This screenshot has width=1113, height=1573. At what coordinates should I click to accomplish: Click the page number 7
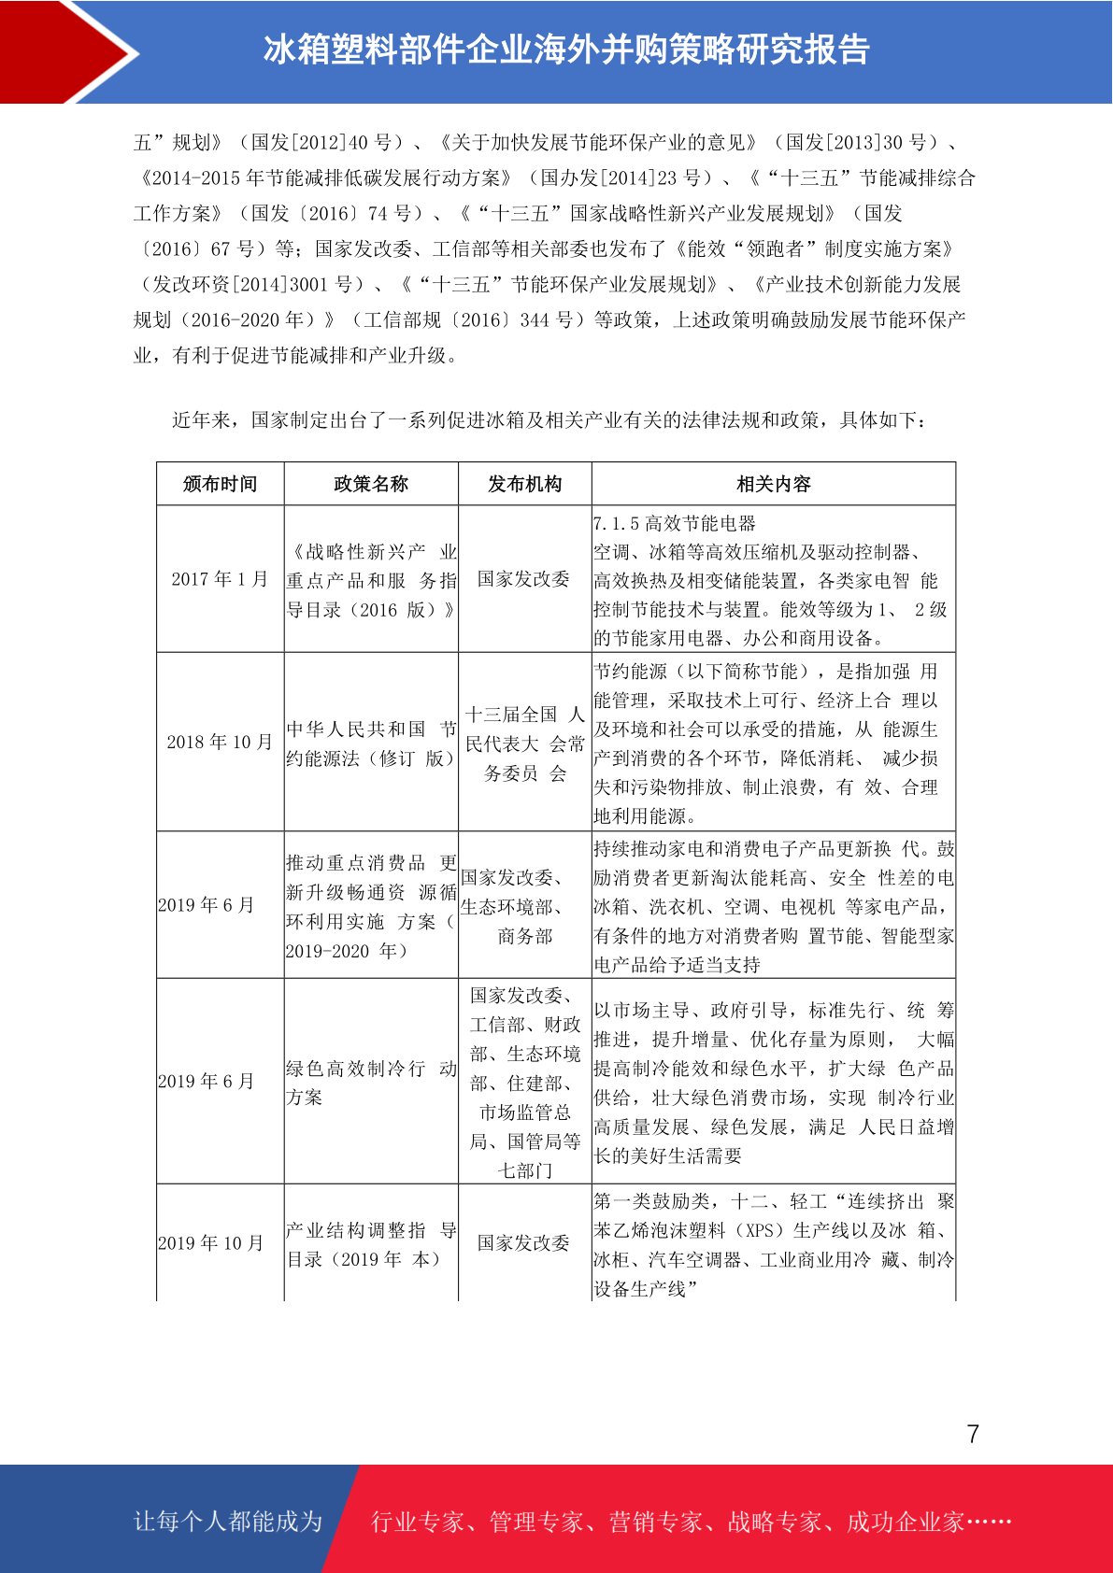point(973,1434)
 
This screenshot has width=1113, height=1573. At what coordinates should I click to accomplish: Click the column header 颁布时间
point(220,484)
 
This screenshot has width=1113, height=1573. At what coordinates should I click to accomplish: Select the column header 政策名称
point(371,484)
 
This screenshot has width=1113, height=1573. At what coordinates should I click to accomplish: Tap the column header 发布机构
point(524,484)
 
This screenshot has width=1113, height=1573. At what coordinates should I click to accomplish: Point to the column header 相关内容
point(773,484)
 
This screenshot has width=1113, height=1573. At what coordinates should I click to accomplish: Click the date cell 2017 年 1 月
point(220,579)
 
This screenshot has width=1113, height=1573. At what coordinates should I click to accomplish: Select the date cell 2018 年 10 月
point(220,742)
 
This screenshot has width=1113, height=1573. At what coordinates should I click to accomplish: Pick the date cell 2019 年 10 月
point(211,1243)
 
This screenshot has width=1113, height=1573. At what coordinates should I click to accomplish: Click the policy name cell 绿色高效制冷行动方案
point(371,1082)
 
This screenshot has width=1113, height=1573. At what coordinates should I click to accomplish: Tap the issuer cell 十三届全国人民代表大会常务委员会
point(524,744)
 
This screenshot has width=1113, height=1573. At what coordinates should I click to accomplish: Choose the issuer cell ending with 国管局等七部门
point(524,1083)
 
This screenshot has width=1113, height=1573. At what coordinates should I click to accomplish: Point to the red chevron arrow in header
point(70,51)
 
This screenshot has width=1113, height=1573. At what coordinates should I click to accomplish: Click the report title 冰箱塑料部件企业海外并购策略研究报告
point(566,50)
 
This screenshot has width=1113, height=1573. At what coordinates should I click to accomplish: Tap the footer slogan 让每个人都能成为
point(228,1522)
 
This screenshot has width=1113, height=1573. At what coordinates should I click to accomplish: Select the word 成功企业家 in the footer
point(905,1523)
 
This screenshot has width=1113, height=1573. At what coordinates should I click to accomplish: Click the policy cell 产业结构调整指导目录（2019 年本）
point(371,1244)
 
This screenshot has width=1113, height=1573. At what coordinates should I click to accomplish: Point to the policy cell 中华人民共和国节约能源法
point(371,744)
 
